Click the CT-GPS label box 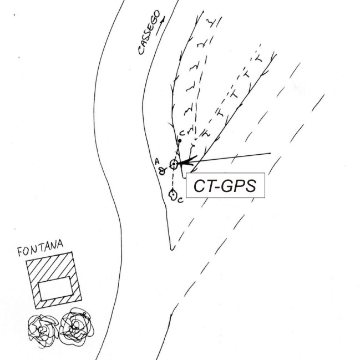(225, 185)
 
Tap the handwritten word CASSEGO (149, 32)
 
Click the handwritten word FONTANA (40, 248)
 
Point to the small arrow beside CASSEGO (160, 26)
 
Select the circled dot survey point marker (174, 164)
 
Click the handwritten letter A (157, 161)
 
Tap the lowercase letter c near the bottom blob (181, 200)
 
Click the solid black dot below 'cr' (180, 141)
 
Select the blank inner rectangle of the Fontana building (55, 288)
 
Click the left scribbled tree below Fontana (43, 329)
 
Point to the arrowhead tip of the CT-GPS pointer (178, 164)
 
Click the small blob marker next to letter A (163, 171)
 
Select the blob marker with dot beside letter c (173, 195)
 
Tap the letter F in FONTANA (20, 252)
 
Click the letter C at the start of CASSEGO (140, 50)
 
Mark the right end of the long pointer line (271, 153)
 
